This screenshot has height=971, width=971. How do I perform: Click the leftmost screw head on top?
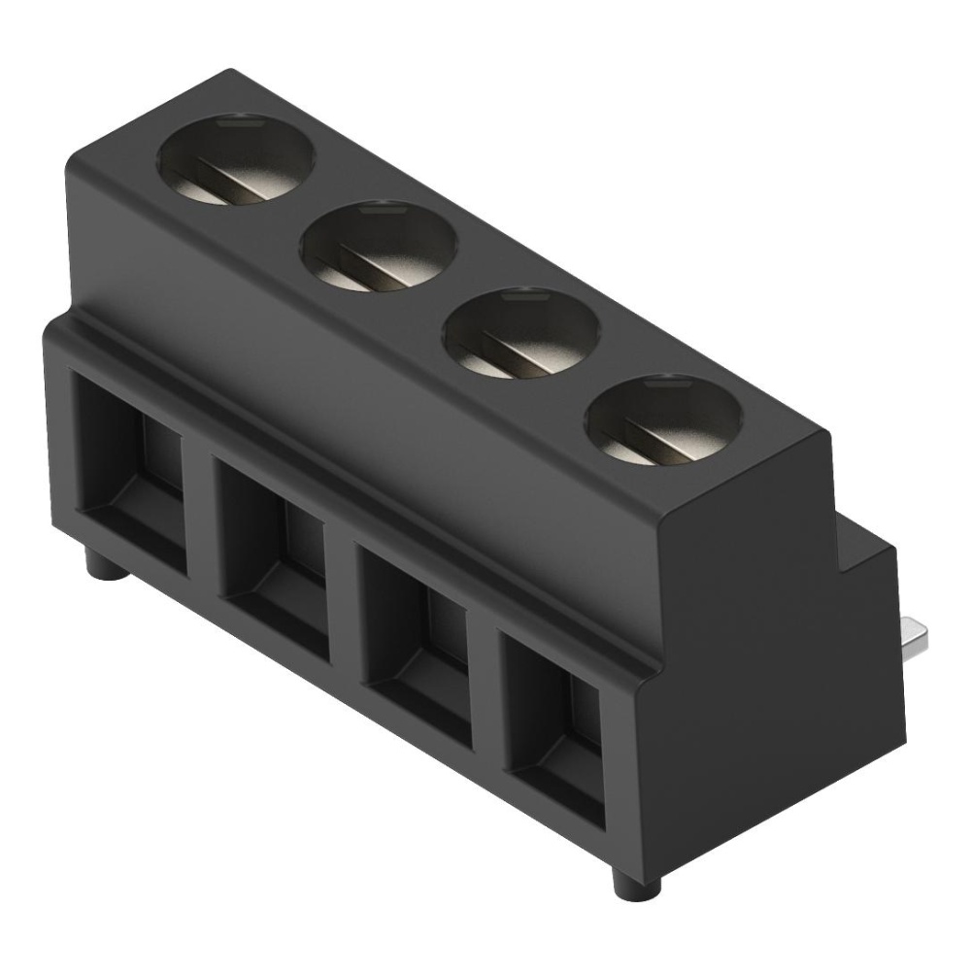(237, 162)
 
